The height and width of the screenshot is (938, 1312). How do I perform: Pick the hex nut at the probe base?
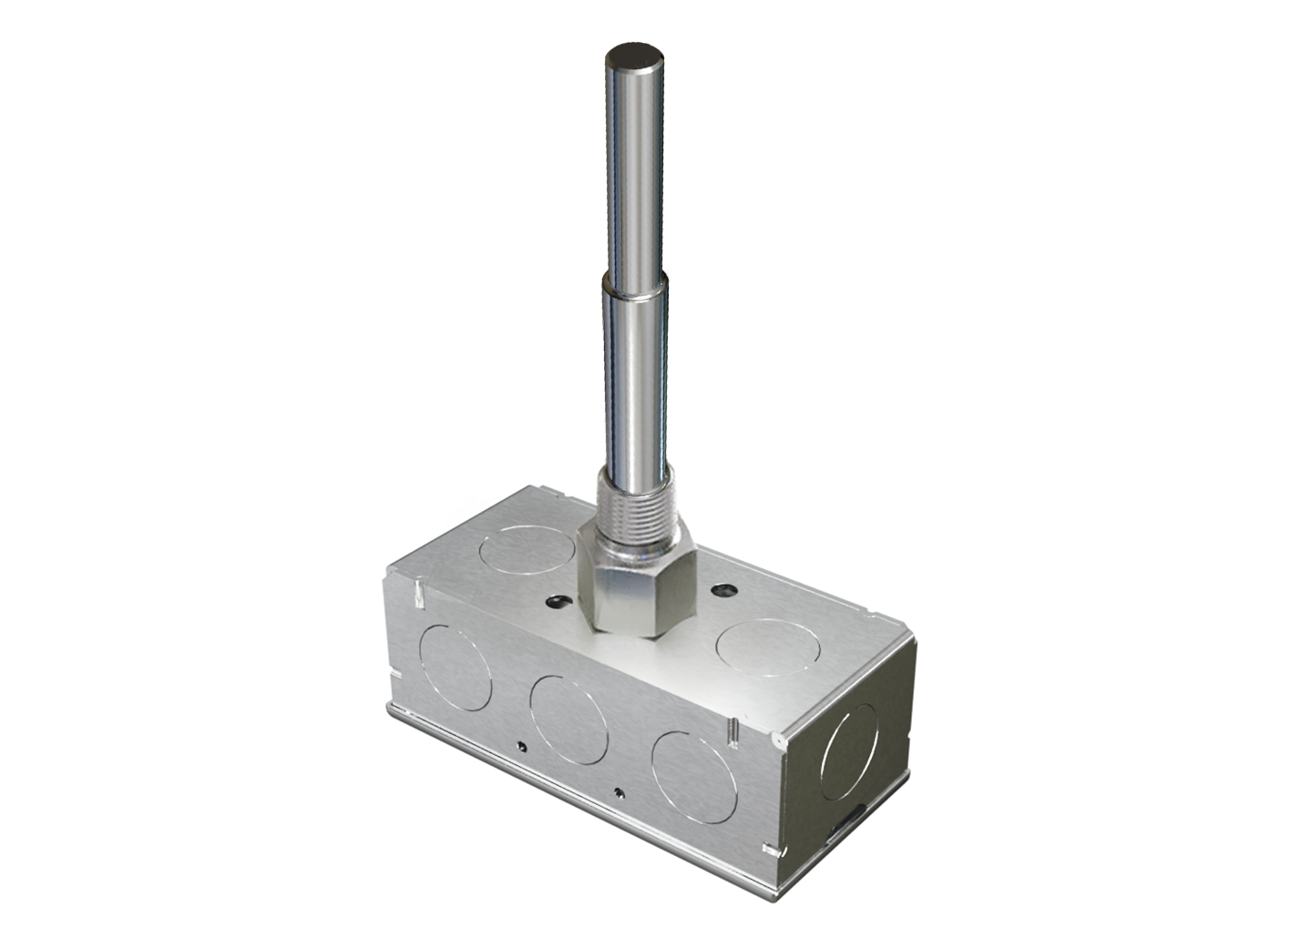click(x=638, y=592)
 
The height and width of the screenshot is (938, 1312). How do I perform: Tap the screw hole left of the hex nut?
click(x=557, y=602)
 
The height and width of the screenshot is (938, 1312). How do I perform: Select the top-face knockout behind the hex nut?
click(x=529, y=550)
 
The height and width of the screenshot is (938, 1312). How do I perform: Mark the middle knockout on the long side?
click(x=569, y=719)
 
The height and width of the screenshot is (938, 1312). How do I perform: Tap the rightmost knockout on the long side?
click(x=694, y=777)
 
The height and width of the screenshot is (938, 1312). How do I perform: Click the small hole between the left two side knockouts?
click(x=520, y=747)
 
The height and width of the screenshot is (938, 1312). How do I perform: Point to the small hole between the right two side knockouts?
click(x=619, y=792)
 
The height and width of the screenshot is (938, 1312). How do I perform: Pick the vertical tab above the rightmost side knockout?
click(x=731, y=729)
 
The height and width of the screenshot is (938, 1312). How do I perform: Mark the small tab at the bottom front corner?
click(x=773, y=851)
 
